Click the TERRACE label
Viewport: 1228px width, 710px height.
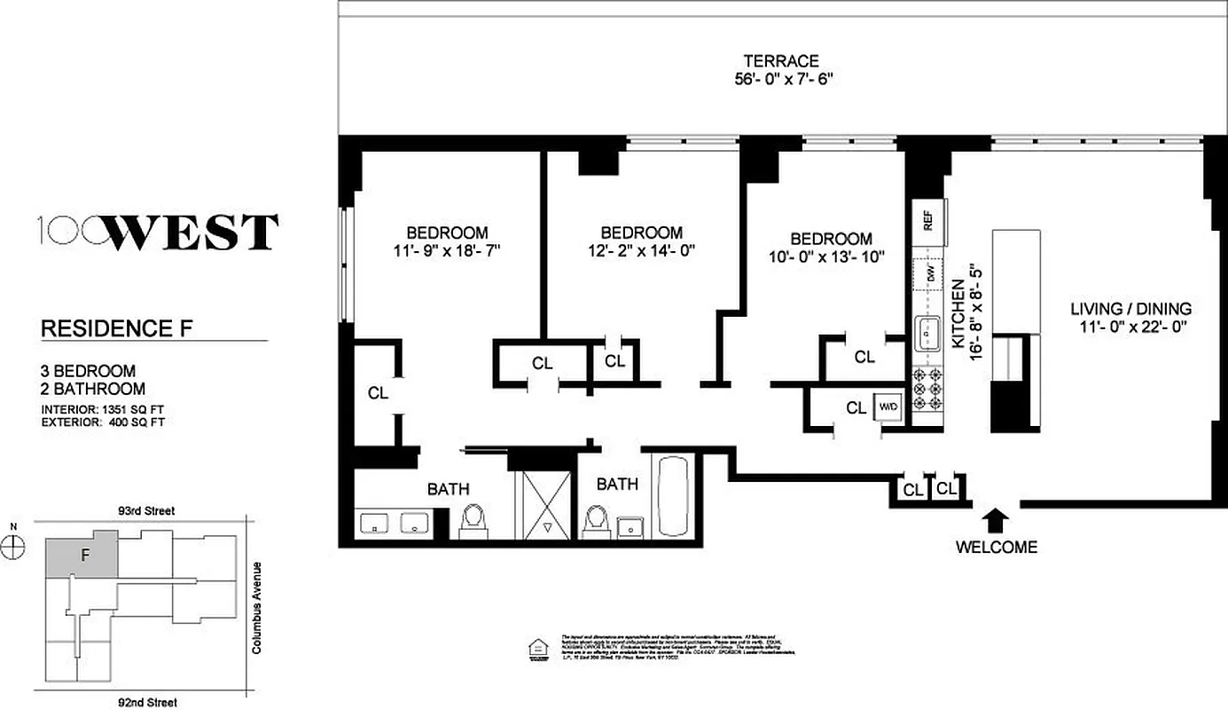(780, 61)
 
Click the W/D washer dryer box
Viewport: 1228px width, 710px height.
(888, 407)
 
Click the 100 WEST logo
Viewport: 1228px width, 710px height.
(160, 233)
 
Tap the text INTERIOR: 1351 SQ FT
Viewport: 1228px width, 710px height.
(103, 409)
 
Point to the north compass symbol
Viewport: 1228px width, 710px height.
(13, 548)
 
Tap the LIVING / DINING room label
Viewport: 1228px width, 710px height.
(1130, 310)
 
